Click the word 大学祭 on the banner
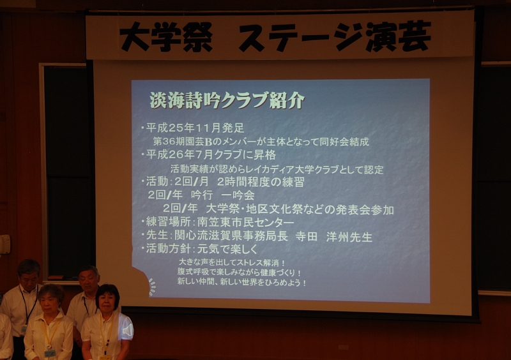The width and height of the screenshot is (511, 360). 166,37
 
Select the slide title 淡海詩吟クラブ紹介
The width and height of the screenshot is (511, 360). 227,100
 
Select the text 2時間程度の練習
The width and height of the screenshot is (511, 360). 261,182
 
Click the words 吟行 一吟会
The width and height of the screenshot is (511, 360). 222,195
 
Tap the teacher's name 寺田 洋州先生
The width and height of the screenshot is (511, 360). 333,237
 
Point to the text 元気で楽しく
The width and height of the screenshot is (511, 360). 227,249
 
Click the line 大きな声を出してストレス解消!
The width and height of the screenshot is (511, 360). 232,262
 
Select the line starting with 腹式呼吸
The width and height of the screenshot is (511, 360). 239,273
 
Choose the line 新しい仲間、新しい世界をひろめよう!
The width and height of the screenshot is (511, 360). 242,282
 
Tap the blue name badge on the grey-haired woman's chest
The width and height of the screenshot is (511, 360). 50,353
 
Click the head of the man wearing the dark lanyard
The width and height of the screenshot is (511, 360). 29,274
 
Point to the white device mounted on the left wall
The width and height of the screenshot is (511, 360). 4,244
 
